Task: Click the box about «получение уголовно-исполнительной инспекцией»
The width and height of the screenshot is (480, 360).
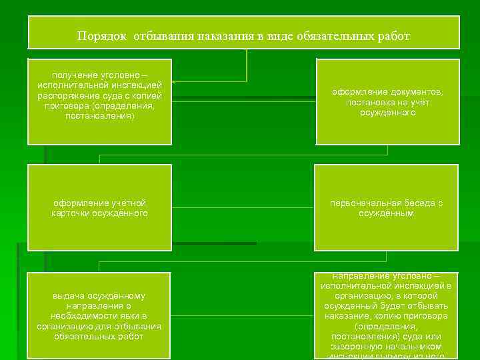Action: [99, 101]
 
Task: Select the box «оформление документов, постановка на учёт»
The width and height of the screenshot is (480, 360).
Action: [387, 101]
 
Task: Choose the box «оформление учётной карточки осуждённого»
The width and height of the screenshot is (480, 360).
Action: [99, 207]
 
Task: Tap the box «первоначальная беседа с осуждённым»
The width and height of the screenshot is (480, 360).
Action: [387, 207]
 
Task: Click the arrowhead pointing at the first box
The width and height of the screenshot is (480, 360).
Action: [181, 82]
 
